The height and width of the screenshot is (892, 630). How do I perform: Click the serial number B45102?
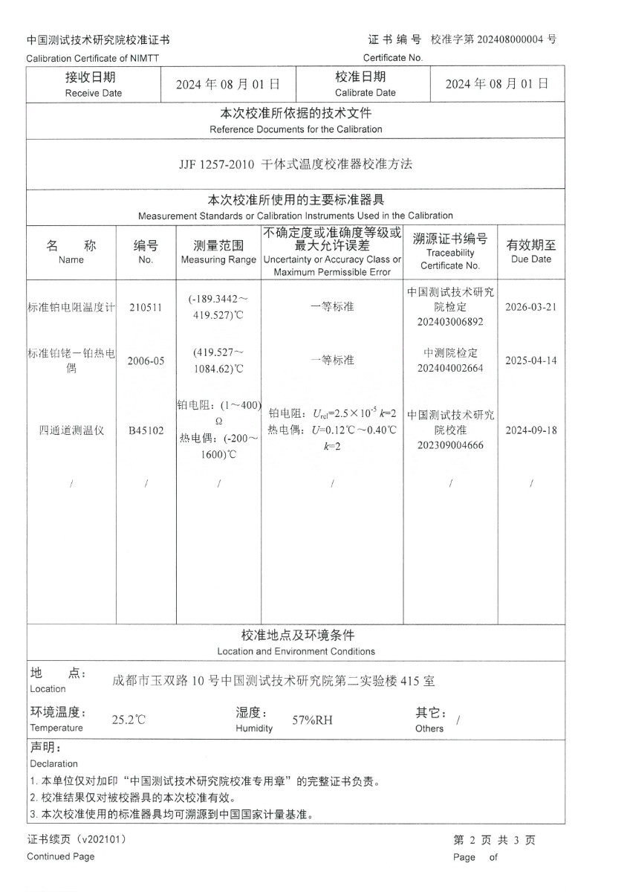146,430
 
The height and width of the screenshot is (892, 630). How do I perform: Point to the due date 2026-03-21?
530,307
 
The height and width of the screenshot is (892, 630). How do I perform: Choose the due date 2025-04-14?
530,360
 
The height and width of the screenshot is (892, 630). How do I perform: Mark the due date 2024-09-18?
530,430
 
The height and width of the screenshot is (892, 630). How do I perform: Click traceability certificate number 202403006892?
450,322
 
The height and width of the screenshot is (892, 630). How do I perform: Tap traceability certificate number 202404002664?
450,367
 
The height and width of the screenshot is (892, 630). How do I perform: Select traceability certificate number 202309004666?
450,445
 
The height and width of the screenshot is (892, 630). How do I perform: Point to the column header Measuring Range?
218,260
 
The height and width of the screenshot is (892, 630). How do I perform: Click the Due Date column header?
531,259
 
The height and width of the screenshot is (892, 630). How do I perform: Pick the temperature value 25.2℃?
129,720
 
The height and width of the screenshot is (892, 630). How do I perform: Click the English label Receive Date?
94,93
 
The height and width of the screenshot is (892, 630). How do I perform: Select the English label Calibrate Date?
365,93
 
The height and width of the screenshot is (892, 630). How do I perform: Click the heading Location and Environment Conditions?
296,651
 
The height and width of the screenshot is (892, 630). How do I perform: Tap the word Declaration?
53,763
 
